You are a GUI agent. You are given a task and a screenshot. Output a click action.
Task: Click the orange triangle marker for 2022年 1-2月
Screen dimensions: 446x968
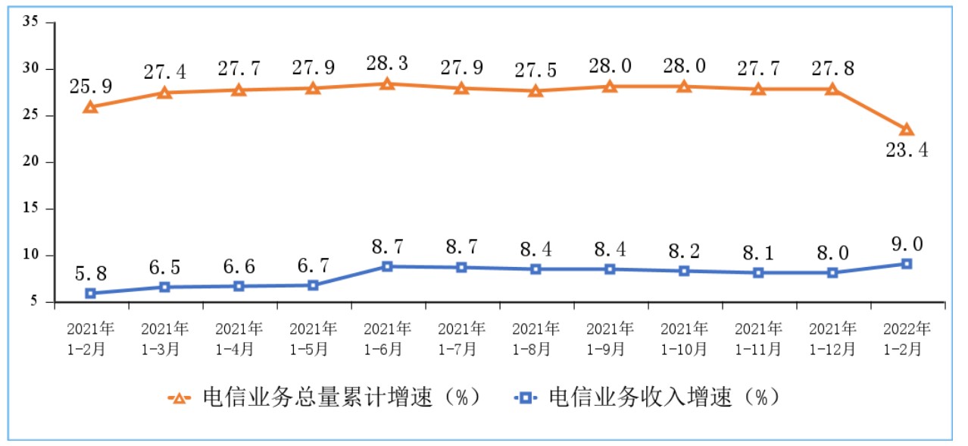click(x=906, y=130)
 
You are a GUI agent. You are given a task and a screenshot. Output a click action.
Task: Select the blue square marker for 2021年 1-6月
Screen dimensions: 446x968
click(x=387, y=266)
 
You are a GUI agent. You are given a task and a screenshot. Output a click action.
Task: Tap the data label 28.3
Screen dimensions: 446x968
click(x=387, y=63)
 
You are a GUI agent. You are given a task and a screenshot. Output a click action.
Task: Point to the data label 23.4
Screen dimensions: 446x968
click(x=906, y=150)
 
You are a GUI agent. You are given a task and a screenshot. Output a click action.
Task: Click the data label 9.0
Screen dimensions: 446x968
click(x=906, y=244)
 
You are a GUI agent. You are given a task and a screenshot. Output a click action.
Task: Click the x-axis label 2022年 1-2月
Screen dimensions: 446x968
click(x=906, y=339)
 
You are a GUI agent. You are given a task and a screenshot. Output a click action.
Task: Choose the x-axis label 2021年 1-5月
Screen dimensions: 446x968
click(x=313, y=339)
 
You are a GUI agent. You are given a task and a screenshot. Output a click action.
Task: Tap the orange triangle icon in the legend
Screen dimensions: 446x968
click(x=180, y=397)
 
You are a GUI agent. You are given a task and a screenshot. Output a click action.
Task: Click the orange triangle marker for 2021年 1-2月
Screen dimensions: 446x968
click(x=90, y=107)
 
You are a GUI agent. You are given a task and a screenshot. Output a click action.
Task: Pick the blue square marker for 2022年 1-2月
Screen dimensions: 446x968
click(x=906, y=264)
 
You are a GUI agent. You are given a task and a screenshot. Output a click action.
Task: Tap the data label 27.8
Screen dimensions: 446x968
click(x=832, y=68)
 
